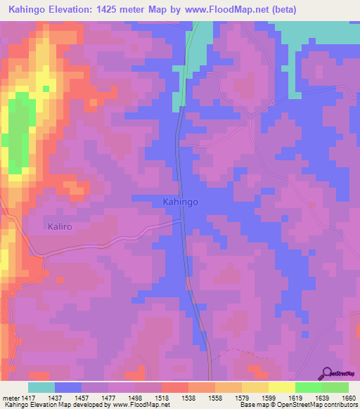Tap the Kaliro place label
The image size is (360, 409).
tap(60, 227)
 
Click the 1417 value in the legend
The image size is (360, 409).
tap(29, 398)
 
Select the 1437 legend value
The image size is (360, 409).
tap(56, 398)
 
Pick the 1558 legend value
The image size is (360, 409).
tap(216, 398)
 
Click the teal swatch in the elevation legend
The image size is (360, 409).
tap(41, 387)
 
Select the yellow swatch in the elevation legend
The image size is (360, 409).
tap(281, 387)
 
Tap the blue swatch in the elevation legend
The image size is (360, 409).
tap(68, 387)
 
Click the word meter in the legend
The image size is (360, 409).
tap(11, 398)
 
